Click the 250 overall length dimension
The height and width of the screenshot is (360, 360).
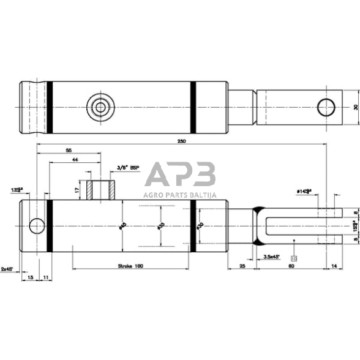(181, 140)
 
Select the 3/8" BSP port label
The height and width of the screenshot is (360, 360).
(128, 167)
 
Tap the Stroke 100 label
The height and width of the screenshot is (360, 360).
(130, 266)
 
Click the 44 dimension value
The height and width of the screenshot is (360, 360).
(75, 159)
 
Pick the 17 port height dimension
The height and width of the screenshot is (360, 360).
(77, 190)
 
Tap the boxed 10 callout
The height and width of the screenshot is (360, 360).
(294, 260)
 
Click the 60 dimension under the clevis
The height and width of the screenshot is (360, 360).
(291, 267)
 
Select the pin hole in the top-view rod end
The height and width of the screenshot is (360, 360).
(324, 107)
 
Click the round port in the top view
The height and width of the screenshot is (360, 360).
(100, 107)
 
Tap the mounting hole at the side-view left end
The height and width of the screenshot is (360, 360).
(37, 226)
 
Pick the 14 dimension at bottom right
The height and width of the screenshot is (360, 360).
(333, 267)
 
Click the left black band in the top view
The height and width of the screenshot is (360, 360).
(50, 107)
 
